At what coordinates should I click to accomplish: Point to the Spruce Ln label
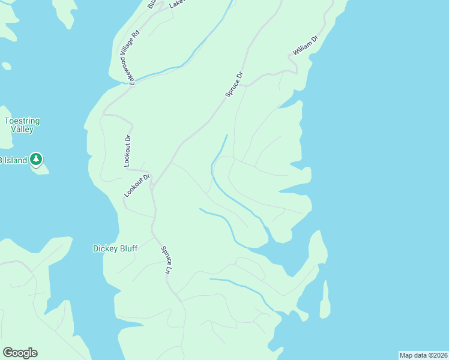166,259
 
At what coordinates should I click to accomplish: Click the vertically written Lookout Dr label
128,151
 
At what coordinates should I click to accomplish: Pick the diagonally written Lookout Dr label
137,185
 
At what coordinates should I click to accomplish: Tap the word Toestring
22,121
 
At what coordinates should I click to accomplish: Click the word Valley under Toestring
22,129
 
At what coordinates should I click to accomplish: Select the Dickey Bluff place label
115,248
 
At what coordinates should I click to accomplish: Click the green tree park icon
37,159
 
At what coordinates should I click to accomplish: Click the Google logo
20,353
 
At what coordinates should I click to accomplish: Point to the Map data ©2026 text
423,355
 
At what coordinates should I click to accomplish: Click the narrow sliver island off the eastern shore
325,300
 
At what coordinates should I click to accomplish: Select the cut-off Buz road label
152,4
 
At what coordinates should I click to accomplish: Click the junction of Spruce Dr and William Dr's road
246,84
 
